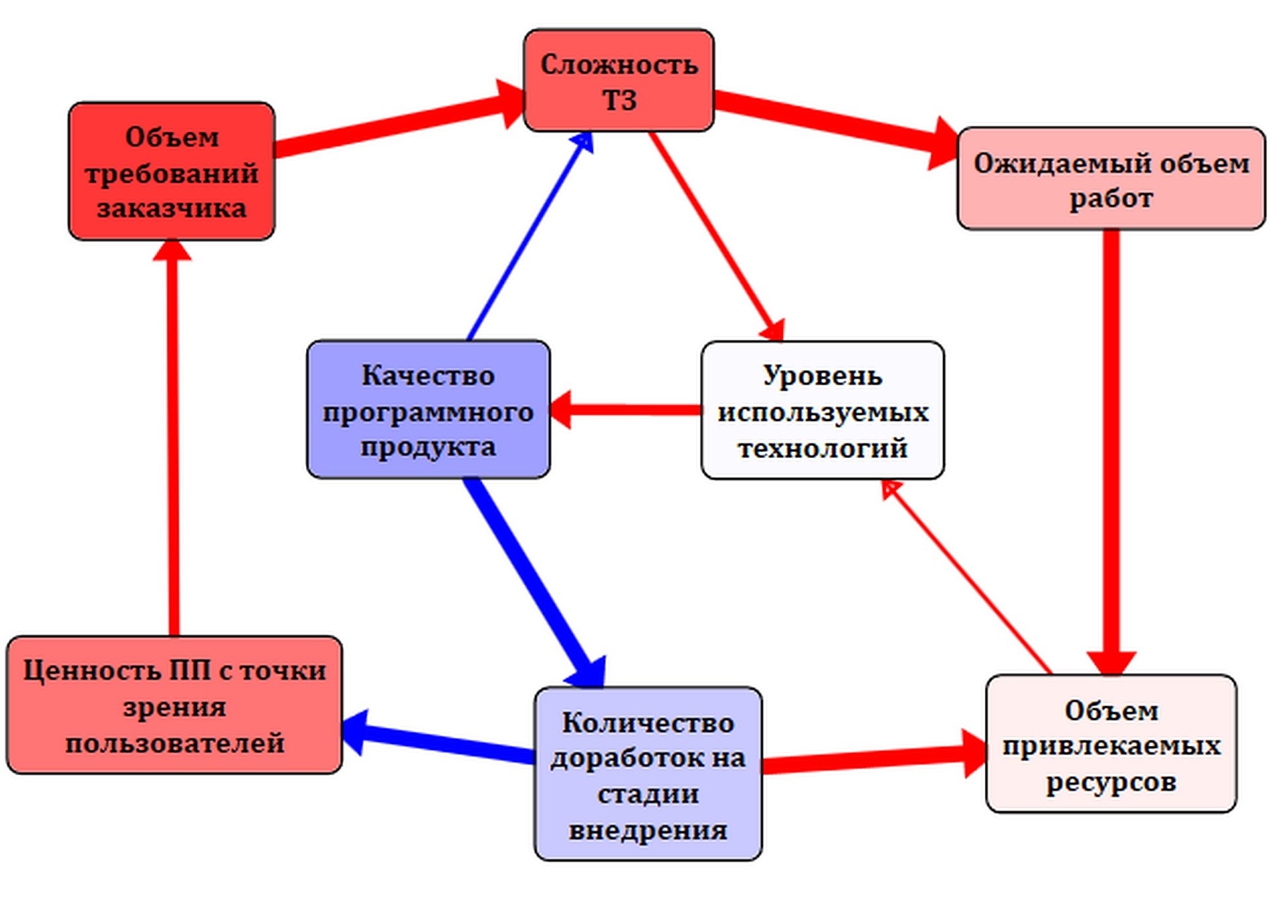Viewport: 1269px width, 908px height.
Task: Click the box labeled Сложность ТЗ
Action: tap(618, 81)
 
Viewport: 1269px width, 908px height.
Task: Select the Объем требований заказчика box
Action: tap(172, 171)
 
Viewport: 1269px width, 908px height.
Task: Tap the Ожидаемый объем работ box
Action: tap(1111, 179)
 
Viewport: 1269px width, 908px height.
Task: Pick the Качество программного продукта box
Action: tap(428, 410)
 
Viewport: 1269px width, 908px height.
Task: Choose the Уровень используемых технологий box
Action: tap(823, 410)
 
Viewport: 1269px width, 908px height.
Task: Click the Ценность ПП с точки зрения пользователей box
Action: tap(174, 705)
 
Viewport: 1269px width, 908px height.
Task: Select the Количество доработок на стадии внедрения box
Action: tap(648, 774)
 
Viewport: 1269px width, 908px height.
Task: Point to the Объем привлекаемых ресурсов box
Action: tap(1111, 744)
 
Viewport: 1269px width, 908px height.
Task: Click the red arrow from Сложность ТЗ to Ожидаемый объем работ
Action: tap(835, 122)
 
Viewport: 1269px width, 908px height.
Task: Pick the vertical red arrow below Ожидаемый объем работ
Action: tap(1111, 450)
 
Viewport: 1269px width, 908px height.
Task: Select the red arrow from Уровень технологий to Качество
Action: tap(626, 410)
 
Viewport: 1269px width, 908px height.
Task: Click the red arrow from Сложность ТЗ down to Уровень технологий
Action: tap(715, 235)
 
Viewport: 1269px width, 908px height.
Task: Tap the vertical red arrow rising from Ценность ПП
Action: tap(174, 437)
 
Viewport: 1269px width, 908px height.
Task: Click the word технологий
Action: tap(823, 448)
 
